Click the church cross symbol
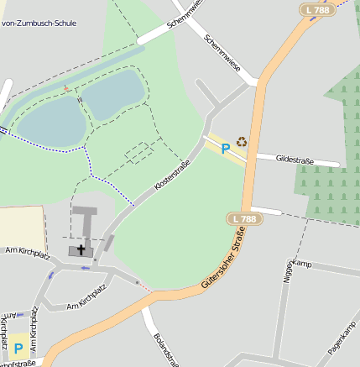pyautogui.click(x=81, y=249)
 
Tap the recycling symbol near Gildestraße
pyautogui.click(x=242, y=142)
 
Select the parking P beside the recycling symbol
pyautogui.click(x=225, y=149)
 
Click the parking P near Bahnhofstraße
pyautogui.click(x=18, y=347)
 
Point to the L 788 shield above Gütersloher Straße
pyautogui.click(x=243, y=218)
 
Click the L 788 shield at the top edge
pyautogui.click(x=316, y=9)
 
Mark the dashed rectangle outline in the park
pyautogui.click(x=139, y=152)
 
